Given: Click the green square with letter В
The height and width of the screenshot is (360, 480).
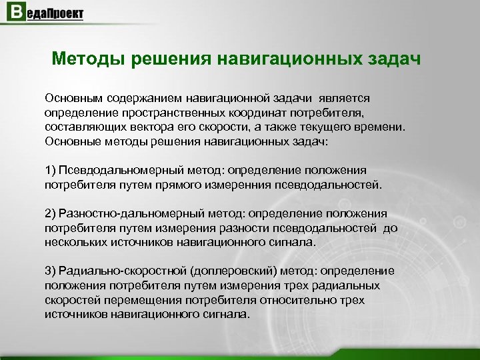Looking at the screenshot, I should click(15, 14).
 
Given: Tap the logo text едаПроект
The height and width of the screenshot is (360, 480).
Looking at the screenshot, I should click(55, 14).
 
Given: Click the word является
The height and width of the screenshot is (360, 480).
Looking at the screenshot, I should click(354, 98).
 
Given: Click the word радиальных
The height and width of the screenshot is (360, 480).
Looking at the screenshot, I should click(349, 285).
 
